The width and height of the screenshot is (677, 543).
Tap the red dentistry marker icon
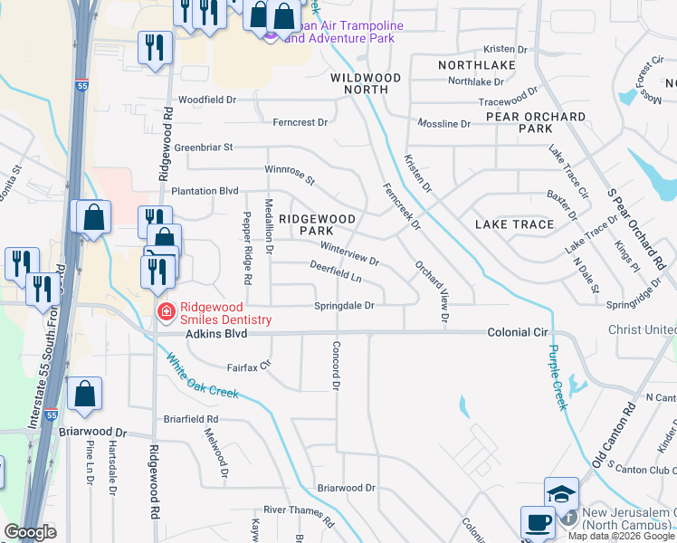(166, 313)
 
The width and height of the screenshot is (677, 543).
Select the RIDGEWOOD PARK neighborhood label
(317, 224)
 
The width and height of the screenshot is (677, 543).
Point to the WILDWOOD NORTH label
(365, 83)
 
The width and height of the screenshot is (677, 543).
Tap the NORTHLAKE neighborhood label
(477, 65)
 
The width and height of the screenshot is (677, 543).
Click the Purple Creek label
(557, 376)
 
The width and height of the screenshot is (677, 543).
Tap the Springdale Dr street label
(344, 306)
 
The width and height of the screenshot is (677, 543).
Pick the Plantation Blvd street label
(205, 191)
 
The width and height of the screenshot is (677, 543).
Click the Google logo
(30, 532)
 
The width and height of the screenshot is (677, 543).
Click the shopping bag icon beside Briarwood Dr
(84, 394)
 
